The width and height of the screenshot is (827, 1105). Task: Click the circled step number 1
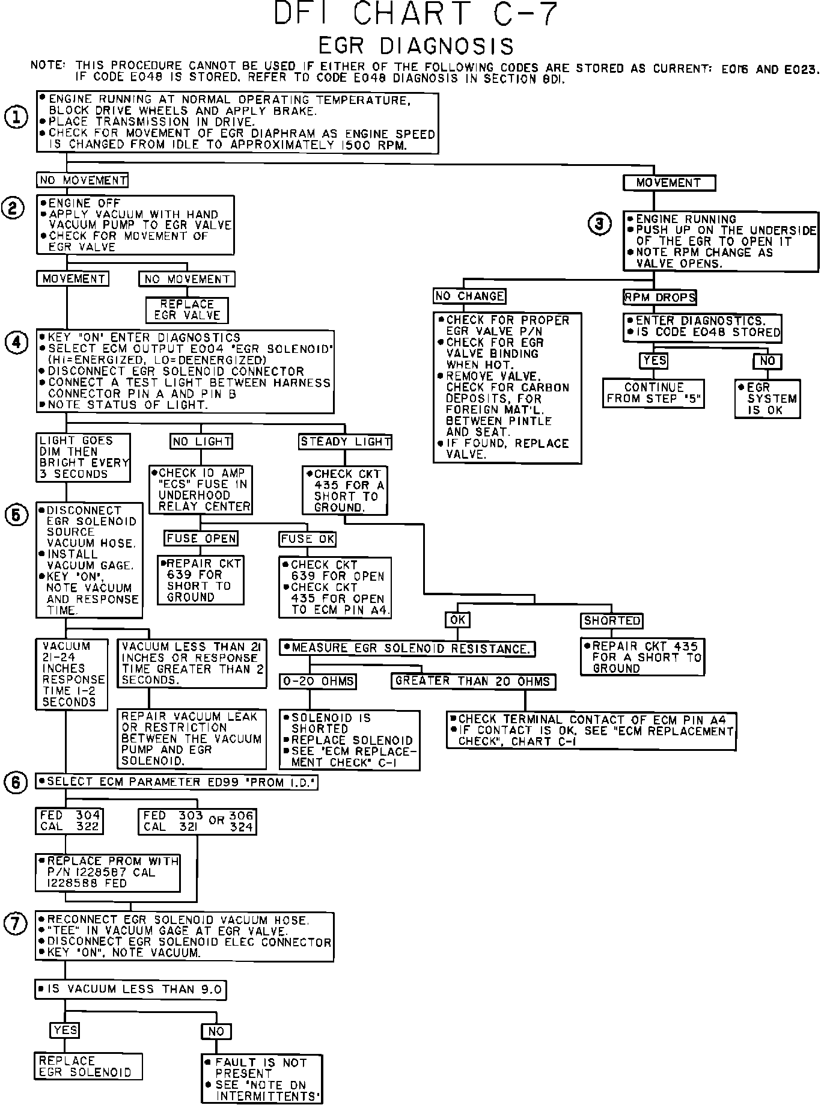pyautogui.click(x=16, y=117)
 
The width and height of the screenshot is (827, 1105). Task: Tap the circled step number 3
pyautogui.click(x=599, y=224)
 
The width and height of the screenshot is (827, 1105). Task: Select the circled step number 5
pyautogui.click(x=16, y=515)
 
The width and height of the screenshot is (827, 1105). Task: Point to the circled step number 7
pyautogui.click(x=16, y=924)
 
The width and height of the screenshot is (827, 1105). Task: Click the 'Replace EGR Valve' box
pyautogui.click(x=187, y=310)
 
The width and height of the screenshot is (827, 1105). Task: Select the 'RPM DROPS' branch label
pyautogui.click(x=659, y=297)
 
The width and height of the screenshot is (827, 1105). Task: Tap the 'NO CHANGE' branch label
pyautogui.click(x=469, y=296)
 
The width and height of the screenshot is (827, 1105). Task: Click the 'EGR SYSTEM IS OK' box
pyautogui.click(x=767, y=399)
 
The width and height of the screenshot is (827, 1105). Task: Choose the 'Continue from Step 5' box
pyautogui.click(x=654, y=393)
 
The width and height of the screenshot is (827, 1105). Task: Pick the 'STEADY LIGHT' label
pyautogui.click(x=346, y=442)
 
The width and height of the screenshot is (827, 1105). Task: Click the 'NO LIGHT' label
pyautogui.click(x=201, y=442)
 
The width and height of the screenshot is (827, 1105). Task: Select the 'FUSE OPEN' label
pyautogui.click(x=201, y=539)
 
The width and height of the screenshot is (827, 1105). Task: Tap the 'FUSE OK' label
pyautogui.click(x=307, y=539)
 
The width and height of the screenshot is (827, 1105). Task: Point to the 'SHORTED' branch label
pyautogui.click(x=612, y=620)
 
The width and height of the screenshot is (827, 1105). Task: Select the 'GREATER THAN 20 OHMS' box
pyautogui.click(x=473, y=681)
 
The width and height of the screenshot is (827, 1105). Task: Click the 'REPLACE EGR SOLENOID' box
pyautogui.click(x=89, y=1067)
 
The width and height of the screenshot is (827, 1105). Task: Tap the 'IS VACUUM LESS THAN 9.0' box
pyautogui.click(x=131, y=989)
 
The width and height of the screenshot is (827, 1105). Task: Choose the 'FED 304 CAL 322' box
pyautogui.click(x=69, y=821)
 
